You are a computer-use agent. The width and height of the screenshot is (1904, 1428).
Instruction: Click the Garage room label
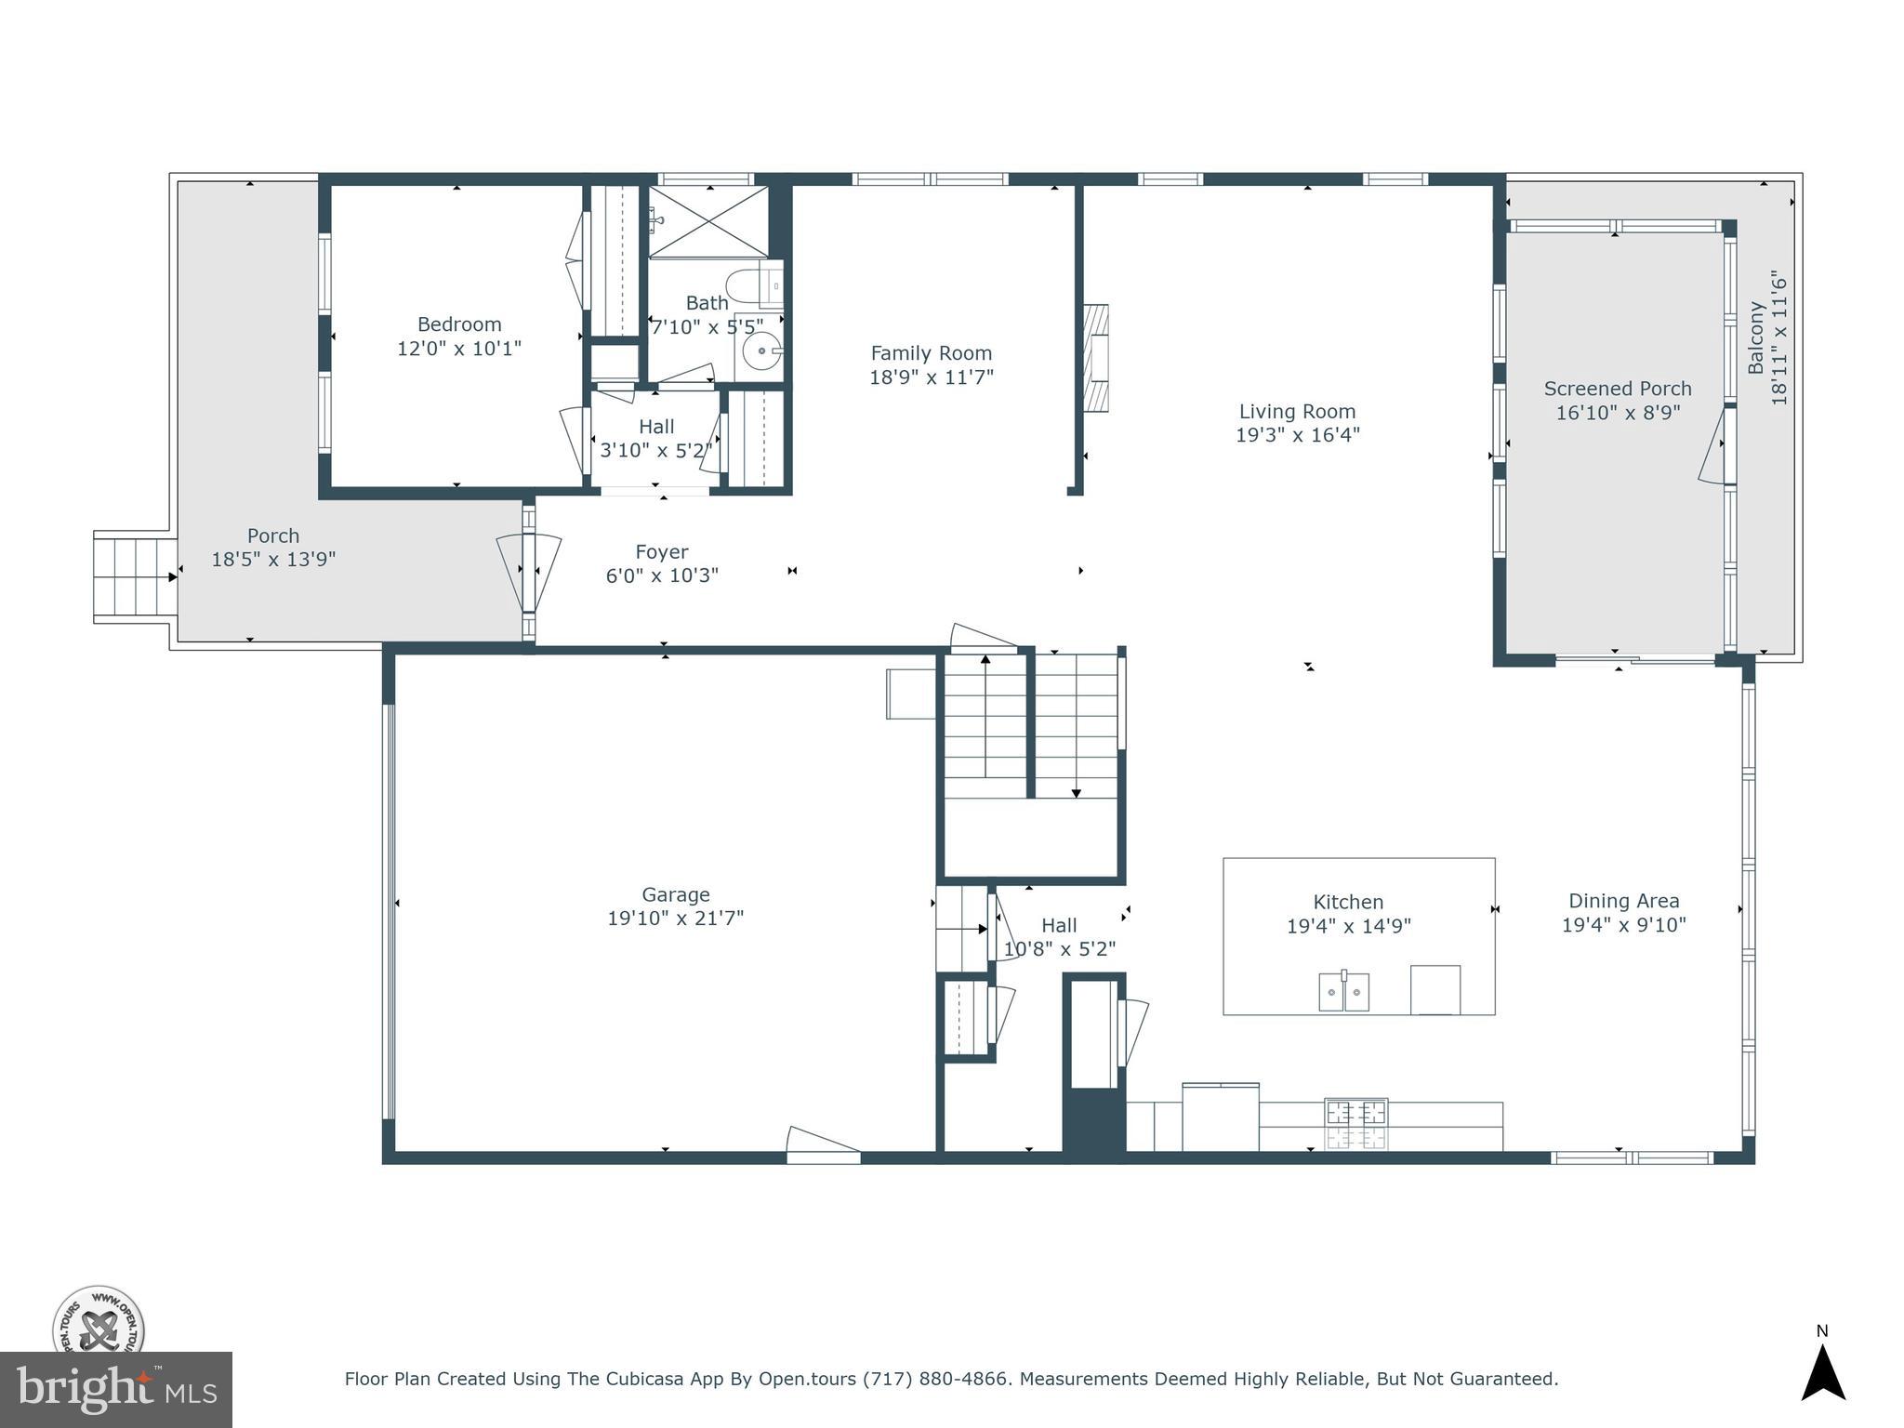click(675, 894)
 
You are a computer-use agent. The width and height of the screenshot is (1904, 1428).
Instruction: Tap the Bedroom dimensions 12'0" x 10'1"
click(459, 349)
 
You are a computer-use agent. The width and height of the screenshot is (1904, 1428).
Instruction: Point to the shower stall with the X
click(708, 221)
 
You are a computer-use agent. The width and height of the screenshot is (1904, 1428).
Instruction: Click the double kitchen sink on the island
click(1343, 991)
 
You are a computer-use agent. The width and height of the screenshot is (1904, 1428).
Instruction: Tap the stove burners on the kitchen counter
click(1355, 1124)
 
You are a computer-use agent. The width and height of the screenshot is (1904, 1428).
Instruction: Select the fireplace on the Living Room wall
click(1096, 358)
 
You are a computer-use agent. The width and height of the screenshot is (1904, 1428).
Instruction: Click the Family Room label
click(931, 353)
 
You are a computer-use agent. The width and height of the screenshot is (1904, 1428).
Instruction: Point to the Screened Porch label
click(1617, 389)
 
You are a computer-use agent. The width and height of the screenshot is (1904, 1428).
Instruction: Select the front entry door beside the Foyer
click(528, 572)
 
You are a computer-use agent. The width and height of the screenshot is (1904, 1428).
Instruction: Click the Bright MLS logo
click(115, 1390)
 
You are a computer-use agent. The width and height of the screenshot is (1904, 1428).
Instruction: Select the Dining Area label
click(1623, 901)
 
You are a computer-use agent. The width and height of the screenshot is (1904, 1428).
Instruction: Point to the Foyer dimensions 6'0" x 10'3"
click(662, 575)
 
